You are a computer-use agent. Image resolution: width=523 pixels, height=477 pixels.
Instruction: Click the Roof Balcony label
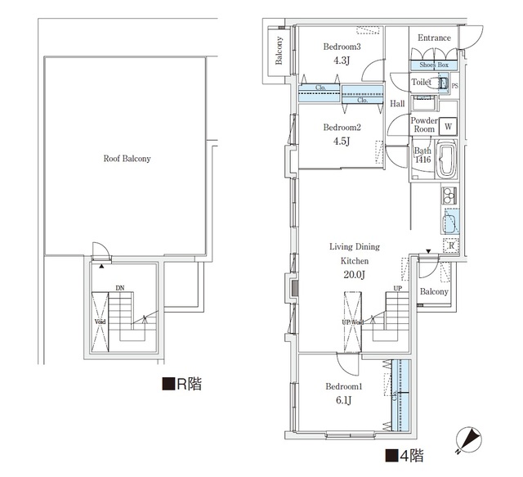click(127, 160)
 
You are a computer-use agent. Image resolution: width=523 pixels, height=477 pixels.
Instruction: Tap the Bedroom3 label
click(342, 47)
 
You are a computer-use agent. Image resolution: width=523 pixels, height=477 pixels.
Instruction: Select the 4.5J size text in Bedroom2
click(342, 141)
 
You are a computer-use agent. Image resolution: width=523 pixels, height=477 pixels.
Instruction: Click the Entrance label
click(434, 38)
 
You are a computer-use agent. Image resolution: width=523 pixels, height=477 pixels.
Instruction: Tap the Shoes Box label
click(434, 65)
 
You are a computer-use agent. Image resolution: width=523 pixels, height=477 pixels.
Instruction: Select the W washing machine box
click(447, 127)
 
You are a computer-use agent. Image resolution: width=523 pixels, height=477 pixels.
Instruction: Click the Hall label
click(398, 104)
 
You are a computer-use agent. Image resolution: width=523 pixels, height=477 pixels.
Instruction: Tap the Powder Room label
click(423, 125)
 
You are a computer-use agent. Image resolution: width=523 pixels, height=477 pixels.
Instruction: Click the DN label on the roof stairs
click(120, 288)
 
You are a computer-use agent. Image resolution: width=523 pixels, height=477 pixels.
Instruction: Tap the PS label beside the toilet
click(455, 85)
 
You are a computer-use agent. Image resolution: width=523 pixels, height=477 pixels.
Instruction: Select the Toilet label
click(421, 83)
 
